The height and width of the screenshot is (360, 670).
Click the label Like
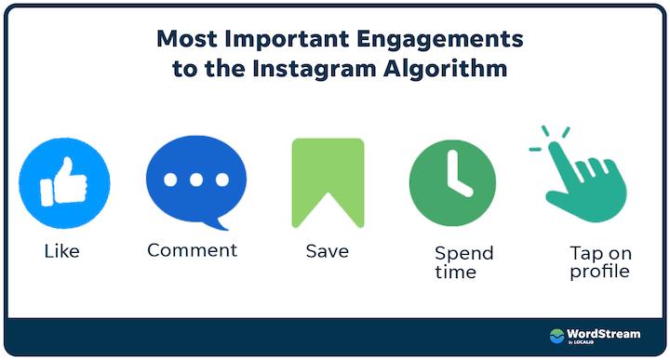pyautogui.click(x=62, y=251)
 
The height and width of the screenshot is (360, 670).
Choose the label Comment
pyautogui.click(x=193, y=250)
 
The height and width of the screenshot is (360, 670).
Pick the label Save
pyautogui.click(x=327, y=251)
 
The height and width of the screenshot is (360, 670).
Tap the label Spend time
pyautogui.click(x=463, y=262)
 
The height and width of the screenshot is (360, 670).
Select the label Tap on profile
pyautogui.click(x=600, y=262)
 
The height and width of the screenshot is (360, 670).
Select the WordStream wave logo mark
pyautogui.click(x=557, y=335)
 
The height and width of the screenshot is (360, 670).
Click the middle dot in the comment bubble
pyautogui.click(x=196, y=179)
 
